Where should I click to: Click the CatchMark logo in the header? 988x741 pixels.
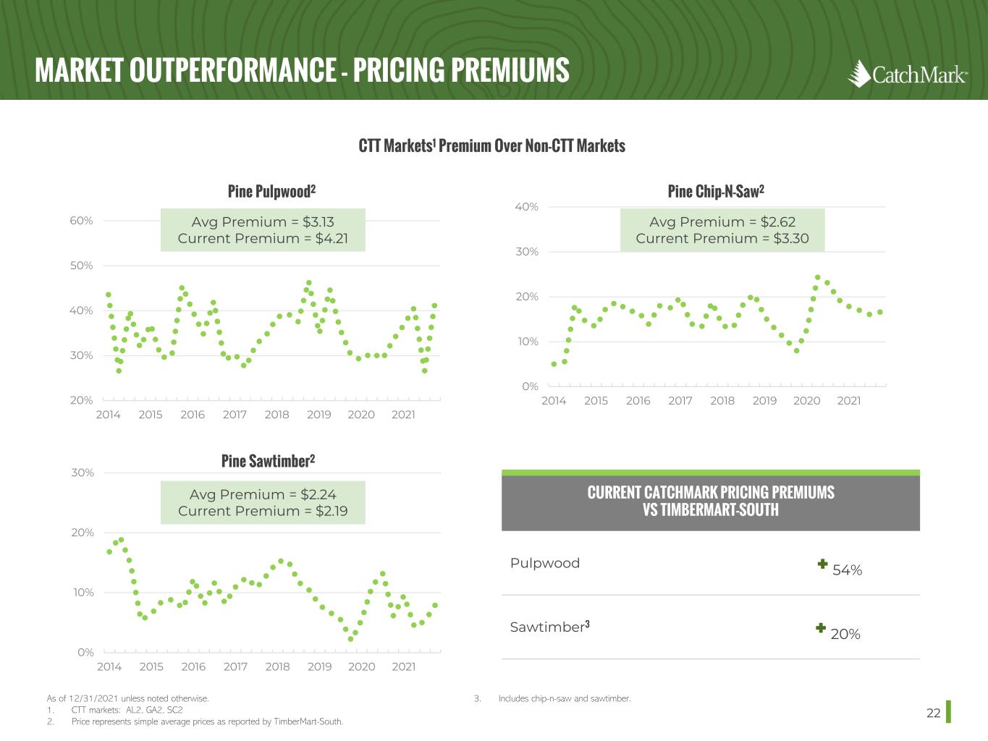[907, 74]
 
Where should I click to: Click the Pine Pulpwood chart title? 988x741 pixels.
[271, 191]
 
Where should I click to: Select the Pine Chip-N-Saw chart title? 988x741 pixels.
[715, 191]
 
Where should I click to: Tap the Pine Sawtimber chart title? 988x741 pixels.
[268, 461]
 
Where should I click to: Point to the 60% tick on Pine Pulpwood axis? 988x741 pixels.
[81, 221]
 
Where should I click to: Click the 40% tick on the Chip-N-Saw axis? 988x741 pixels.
[526, 207]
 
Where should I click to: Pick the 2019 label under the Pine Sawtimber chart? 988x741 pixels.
[319, 666]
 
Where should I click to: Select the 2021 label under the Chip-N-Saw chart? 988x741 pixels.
[848, 401]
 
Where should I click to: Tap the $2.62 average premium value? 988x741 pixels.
[777, 222]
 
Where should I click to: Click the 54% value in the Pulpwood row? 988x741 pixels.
[847, 570]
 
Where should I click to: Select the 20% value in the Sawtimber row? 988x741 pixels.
[845, 634]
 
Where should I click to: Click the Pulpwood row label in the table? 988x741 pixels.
[544, 563]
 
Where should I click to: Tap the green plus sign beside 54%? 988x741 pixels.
[822, 564]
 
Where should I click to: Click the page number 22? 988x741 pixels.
[933, 714]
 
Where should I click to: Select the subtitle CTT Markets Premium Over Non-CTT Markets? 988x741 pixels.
[491, 145]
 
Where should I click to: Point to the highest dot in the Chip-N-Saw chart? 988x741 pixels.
[817, 277]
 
